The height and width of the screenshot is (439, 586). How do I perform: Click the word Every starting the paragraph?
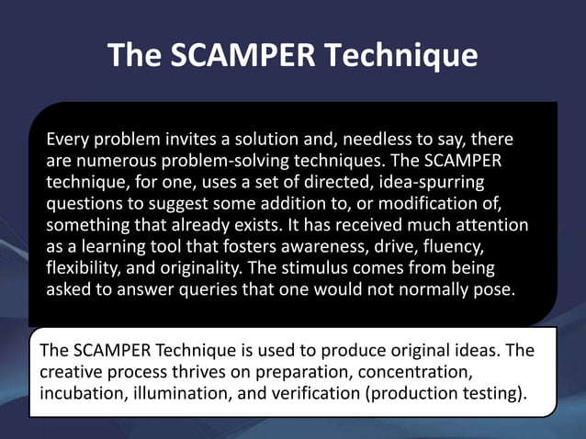pos(67,141)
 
